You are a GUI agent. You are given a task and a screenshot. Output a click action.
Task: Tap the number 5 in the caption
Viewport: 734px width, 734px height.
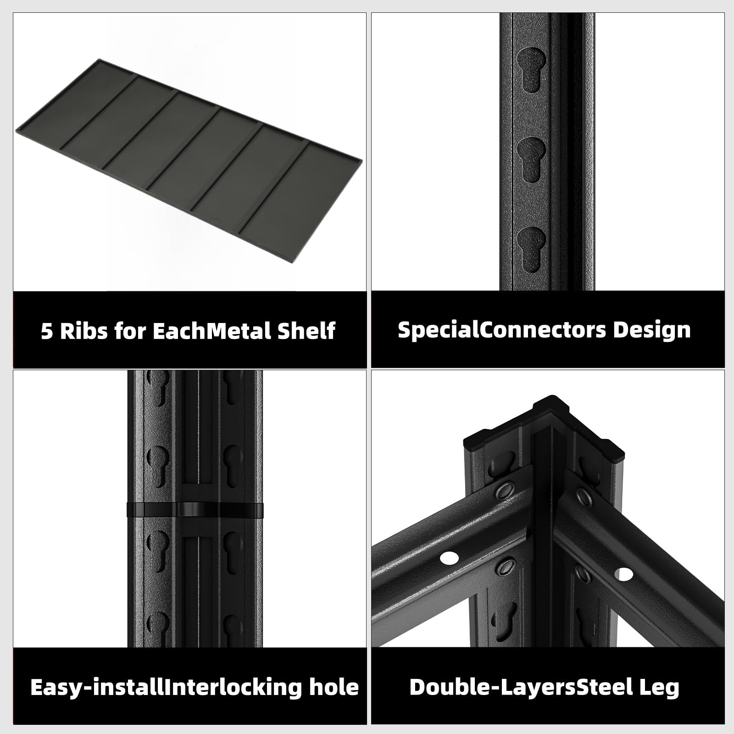pyautogui.click(x=47, y=331)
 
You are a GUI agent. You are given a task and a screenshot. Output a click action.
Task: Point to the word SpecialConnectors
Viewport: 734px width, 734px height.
pyautogui.click(x=502, y=330)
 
